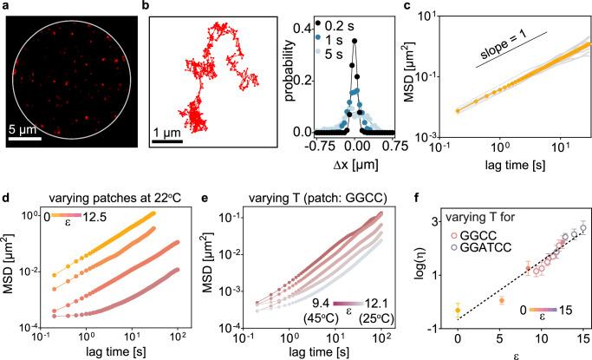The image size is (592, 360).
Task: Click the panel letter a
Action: click(x=7, y=6)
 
